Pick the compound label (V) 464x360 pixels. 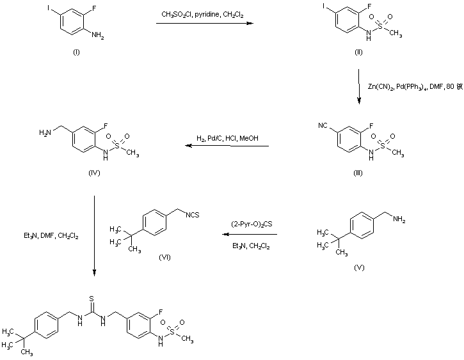[x=359, y=266]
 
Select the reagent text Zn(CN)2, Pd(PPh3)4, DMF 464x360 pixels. [x=410, y=86]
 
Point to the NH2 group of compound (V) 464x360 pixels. [x=397, y=219]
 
